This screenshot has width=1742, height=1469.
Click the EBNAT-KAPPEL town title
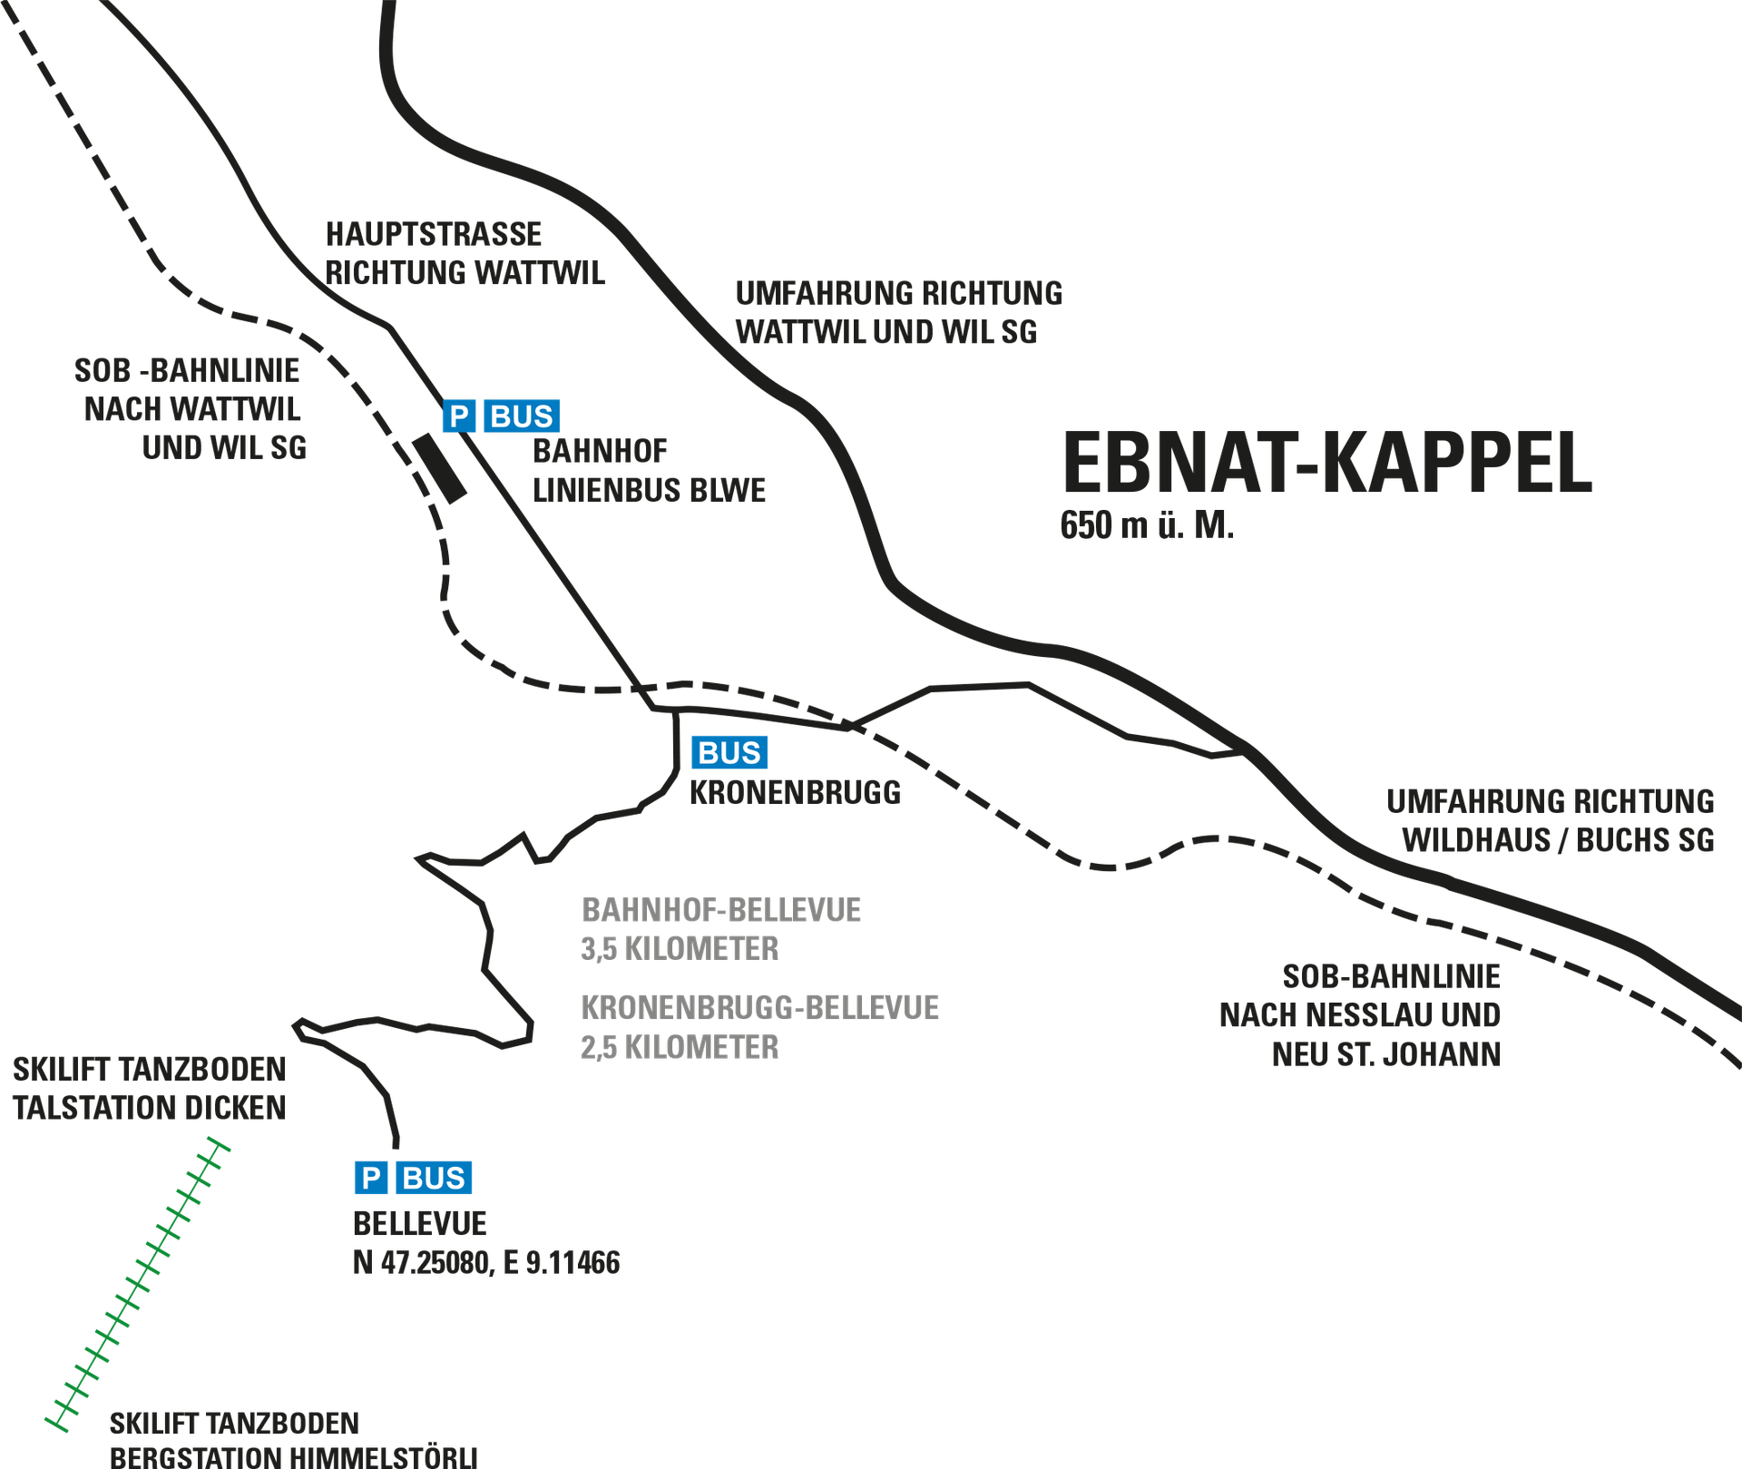1327,463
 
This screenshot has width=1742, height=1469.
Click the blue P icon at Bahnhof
459,416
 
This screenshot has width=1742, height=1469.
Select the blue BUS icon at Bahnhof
522,416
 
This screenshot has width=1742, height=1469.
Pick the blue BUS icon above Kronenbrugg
729,753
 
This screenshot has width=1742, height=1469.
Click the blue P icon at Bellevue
371,1178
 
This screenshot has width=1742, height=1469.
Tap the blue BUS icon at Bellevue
434,1178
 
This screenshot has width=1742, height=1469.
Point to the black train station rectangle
440,468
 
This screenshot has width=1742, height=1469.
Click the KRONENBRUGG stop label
796,793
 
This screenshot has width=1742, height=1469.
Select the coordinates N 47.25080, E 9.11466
486,1263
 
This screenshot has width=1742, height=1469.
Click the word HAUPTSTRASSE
434,234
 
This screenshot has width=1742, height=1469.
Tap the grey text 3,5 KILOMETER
680,949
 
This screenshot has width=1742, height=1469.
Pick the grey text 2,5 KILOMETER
680,1047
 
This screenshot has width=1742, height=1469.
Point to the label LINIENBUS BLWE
650,491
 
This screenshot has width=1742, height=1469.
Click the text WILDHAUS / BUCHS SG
1559,841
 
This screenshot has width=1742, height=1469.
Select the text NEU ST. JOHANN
1386,1055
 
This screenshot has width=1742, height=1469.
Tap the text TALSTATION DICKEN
150,1108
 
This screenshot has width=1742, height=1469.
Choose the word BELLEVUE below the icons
420,1224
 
